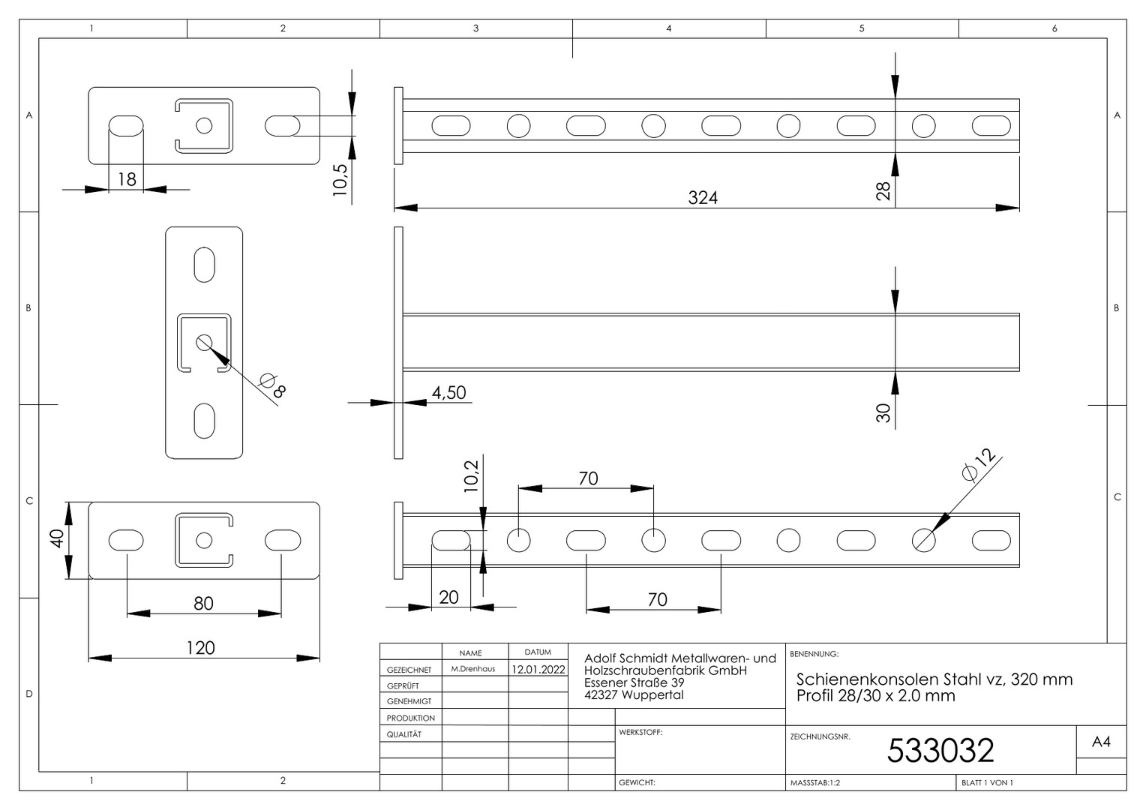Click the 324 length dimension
pyautogui.click(x=703, y=197)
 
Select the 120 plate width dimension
pyautogui.click(x=200, y=648)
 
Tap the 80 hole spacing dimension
pyautogui.click(x=203, y=603)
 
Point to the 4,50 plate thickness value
pyautogui.click(x=448, y=392)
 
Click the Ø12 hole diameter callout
pyautogui.click(x=979, y=464)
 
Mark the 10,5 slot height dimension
pyautogui.click(x=340, y=179)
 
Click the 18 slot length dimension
pyautogui.click(x=127, y=179)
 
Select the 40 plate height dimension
pyautogui.click(x=56, y=538)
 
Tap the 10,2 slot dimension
pyautogui.click(x=471, y=476)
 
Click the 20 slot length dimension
pyautogui.click(x=448, y=597)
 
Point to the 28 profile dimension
pyautogui.click(x=883, y=190)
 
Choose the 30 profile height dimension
pyautogui.click(x=883, y=412)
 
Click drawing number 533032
pyautogui.click(x=940, y=750)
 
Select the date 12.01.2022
pyautogui.click(x=538, y=669)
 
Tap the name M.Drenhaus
pyautogui.click(x=473, y=669)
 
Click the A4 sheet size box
pyautogui.click(x=1101, y=742)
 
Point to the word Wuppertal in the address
pyautogui.click(x=652, y=694)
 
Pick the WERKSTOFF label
pyautogui.click(x=640, y=732)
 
